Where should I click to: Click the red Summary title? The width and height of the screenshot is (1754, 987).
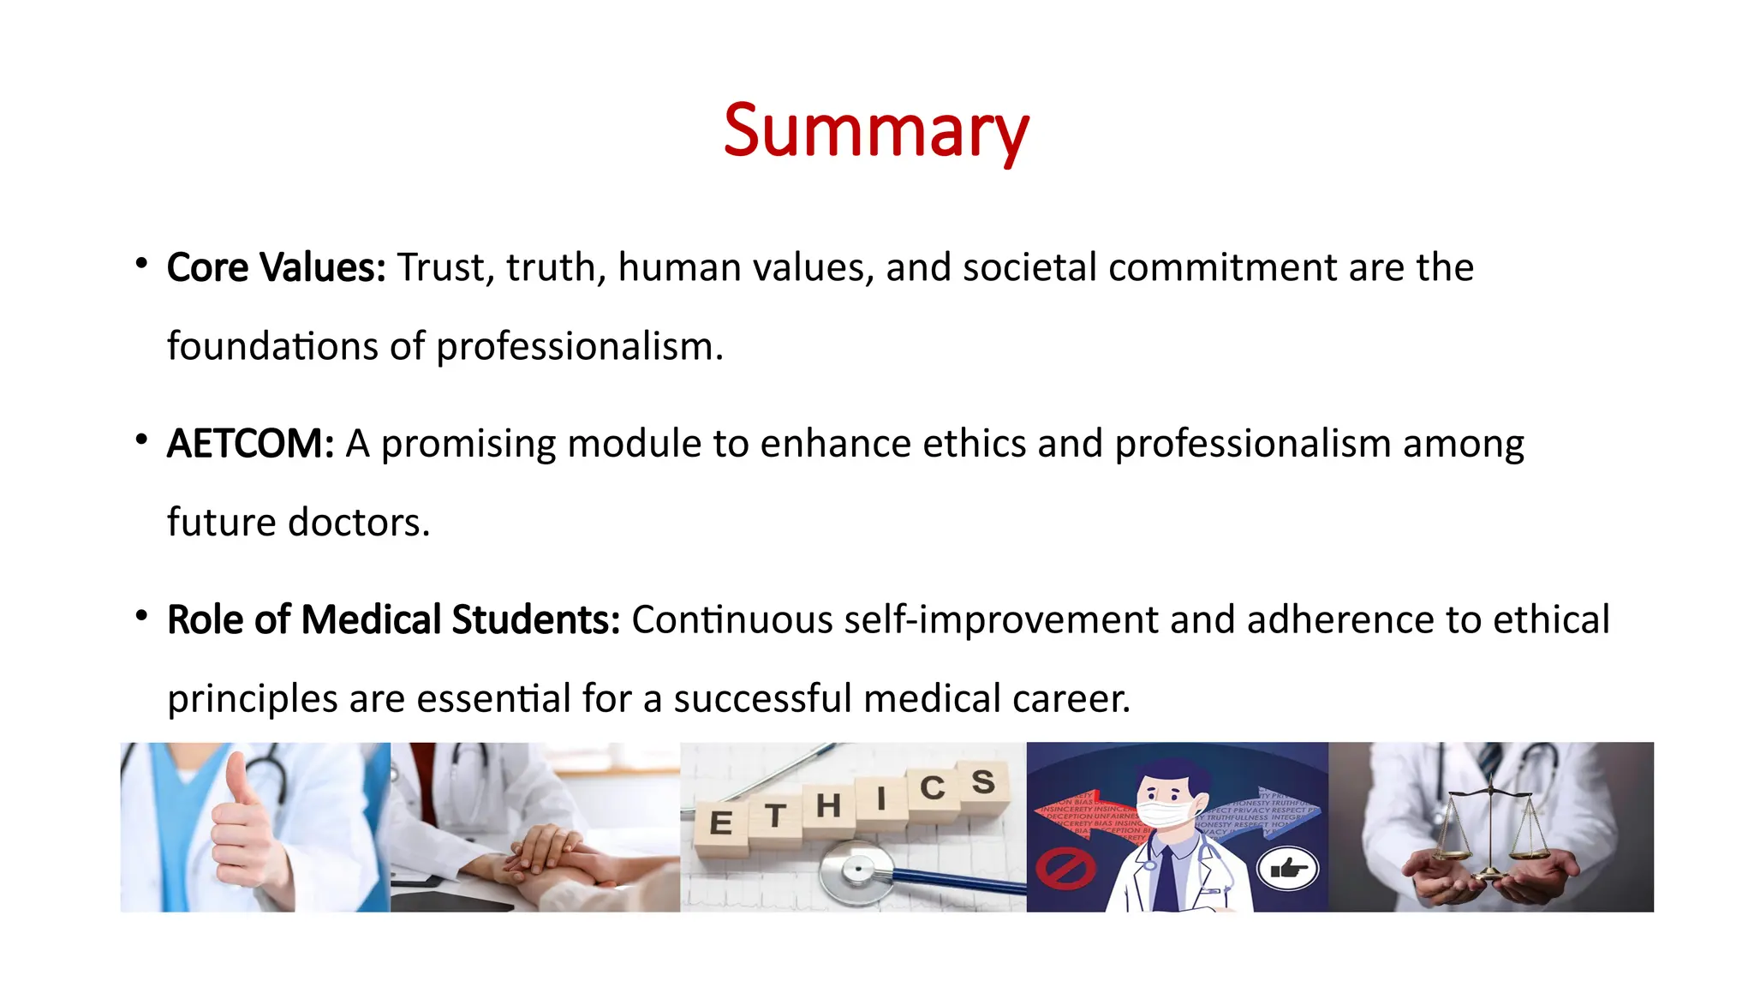click(x=875, y=130)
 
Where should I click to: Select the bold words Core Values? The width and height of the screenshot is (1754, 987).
click(x=276, y=267)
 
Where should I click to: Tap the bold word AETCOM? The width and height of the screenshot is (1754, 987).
click(x=249, y=444)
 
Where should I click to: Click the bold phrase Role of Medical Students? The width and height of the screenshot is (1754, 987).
click(x=393, y=619)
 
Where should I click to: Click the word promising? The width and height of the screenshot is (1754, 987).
click(x=468, y=445)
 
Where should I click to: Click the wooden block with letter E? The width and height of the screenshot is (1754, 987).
click(x=721, y=824)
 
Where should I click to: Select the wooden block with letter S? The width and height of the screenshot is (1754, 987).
click(x=982, y=782)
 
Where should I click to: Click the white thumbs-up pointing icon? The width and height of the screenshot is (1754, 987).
click(x=1288, y=870)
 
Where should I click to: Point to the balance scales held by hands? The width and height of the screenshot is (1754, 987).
click(x=1491, y=831)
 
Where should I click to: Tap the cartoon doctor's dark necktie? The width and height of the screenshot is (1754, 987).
click(x=1166, y=878)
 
